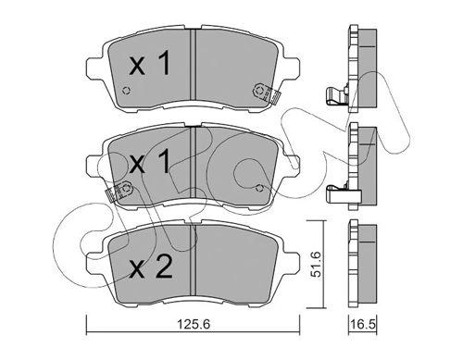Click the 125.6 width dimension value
(x=194, y=324)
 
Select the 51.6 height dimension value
(x=316, y=265)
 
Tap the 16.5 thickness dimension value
(x=363, y=324)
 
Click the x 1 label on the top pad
(x=150, y=64)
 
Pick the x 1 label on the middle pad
(x=150, y=161)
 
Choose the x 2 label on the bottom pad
(x=150, y=267)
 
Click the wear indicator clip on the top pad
(x=266, y=93)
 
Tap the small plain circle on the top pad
(x=126, y=91)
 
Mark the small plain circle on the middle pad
(x=259, y=188)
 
